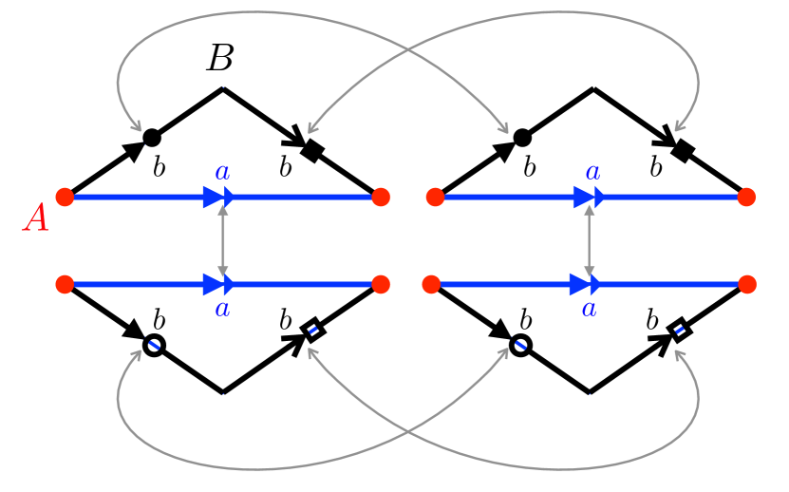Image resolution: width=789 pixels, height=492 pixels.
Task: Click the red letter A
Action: coord(36,218)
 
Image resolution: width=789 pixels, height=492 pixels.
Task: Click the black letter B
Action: coord(219,60)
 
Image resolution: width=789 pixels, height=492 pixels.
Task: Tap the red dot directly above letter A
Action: coord(65,197)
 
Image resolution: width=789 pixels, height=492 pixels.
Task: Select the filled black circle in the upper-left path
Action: coord(151,137)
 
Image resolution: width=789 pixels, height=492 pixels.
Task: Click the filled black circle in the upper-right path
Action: coord(521,137)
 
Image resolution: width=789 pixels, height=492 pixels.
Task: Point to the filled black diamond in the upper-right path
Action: coord(680,148)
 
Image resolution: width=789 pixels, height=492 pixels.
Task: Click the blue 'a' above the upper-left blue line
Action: coord(222,173)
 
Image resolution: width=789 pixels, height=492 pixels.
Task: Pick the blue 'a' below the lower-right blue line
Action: coord(589,309)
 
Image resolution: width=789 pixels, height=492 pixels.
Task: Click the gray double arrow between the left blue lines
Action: coord(223,241)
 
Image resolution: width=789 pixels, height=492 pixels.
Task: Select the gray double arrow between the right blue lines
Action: coord(590,241)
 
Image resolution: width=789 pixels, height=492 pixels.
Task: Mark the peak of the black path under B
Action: coord(223,88)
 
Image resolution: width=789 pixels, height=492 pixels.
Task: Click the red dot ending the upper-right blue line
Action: coord(746,197)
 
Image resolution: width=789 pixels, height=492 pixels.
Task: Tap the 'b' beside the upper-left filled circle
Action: coord(160,168)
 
